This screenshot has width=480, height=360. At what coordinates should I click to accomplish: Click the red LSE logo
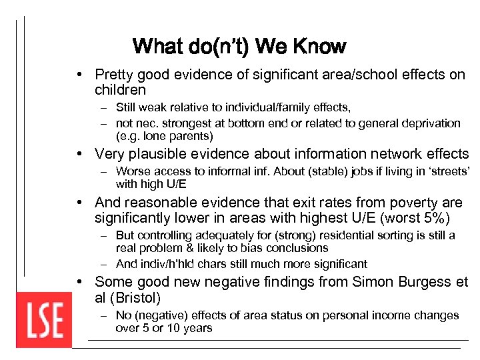point(44,320)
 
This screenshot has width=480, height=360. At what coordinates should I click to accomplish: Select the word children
point(120,89)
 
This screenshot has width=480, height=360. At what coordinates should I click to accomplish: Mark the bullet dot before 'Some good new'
point(80,282)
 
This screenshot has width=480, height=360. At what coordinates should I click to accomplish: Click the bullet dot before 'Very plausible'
point(80,154)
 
